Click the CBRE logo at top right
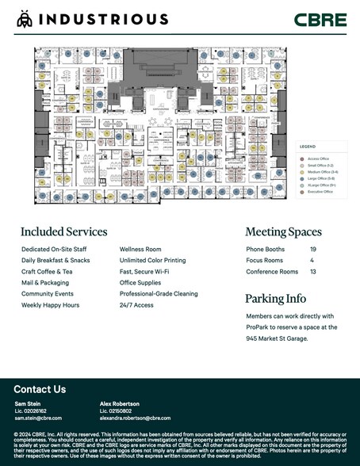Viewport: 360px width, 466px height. [320, 19]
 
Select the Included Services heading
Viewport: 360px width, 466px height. [63, 232]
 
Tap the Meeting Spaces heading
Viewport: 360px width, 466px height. [283, 232]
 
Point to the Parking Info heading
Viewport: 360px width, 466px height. [275, 299]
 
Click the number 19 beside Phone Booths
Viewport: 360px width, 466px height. [313, 249]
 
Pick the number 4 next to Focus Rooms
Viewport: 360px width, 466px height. [312, 260]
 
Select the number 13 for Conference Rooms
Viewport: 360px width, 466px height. [313, 271]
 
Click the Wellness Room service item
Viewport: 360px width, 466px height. [141, 249]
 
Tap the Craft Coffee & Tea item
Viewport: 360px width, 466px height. [47, 271]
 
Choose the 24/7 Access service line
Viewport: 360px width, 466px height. [136, 304]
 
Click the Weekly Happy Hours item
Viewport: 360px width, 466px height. [50, 304]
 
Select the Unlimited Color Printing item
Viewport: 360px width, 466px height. [152, 260]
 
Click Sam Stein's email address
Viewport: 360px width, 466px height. [38, 418]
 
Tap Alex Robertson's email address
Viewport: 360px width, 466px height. [135, 418]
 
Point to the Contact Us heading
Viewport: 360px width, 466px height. [40, 389]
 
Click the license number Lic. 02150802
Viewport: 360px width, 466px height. [115, 411]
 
